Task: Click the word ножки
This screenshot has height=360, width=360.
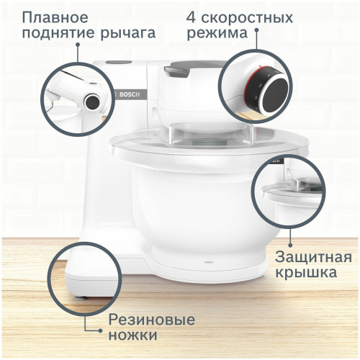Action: (x=132, y=337)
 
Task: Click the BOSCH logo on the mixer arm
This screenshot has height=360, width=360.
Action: (x=127, y=94)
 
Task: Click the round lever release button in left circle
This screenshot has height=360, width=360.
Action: (x=92, y=102)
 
